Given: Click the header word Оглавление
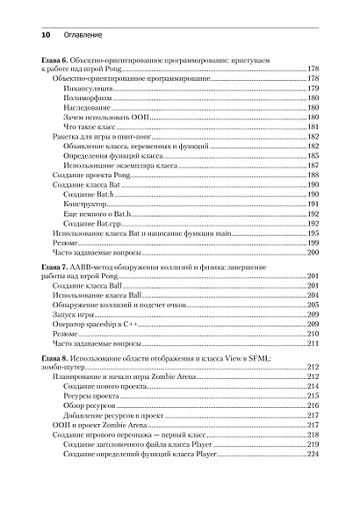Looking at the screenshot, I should pos(83,34).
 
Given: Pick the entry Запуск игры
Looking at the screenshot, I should pos(74,314).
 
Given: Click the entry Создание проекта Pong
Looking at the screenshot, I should pos(90,175).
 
